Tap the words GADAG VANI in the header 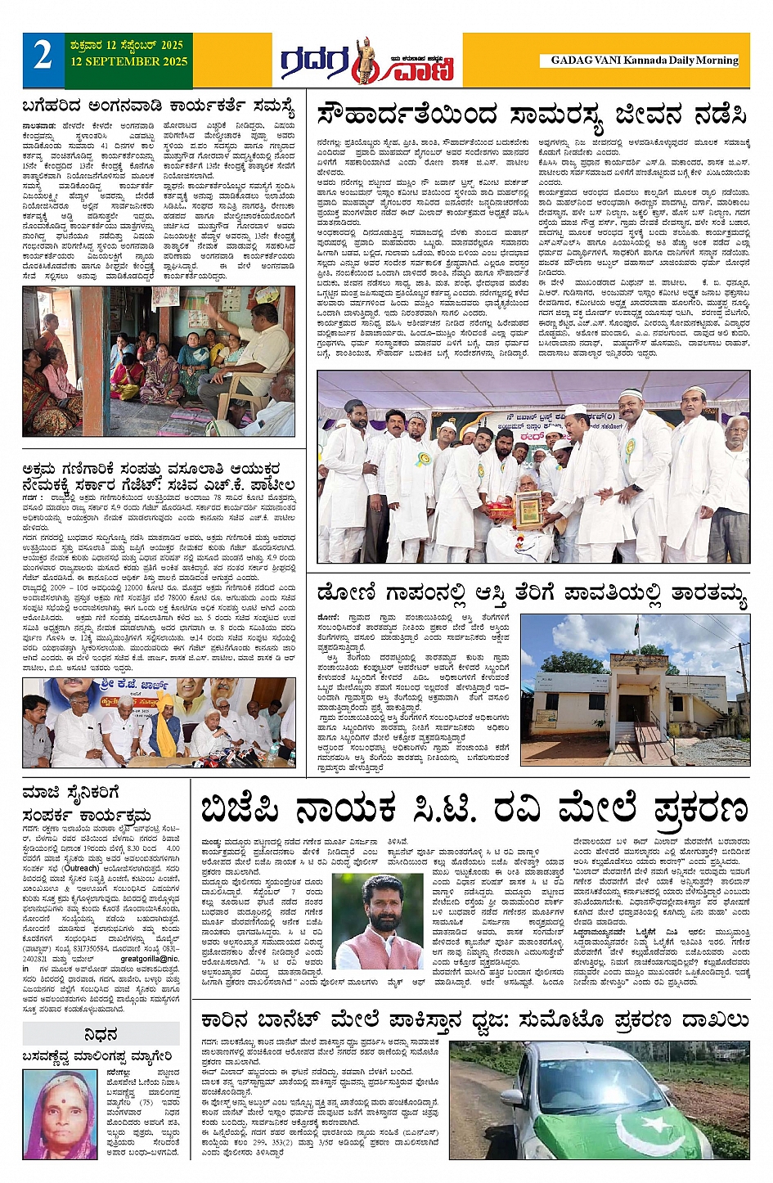pos(585,61)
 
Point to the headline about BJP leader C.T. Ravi pos(474,809)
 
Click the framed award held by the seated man pos(527,508)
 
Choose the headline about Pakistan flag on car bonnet pos(474,1019)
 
